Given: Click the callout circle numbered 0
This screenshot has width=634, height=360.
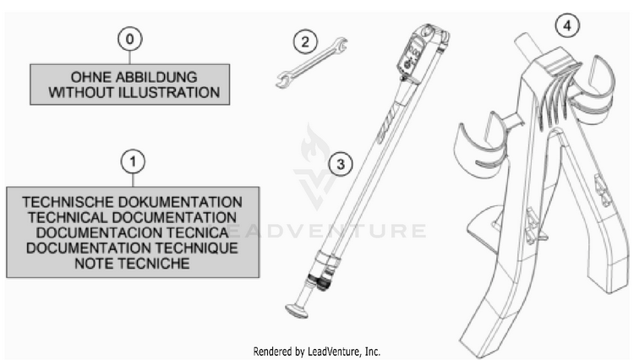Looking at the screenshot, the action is (130, 39).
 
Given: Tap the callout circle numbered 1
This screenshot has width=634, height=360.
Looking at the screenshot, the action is (133, 162).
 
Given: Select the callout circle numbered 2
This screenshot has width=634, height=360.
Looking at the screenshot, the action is (305, 41).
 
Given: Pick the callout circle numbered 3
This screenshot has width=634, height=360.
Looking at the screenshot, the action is (341, 164).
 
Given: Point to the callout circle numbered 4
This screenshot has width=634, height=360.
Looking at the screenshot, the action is (567, 25).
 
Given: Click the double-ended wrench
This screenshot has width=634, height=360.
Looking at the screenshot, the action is (312, 63).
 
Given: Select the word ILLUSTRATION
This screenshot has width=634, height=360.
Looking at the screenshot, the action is (168, 92).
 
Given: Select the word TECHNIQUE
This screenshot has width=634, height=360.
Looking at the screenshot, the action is (197, 248).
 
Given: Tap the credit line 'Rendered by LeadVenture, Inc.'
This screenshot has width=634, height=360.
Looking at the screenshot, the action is (317, 352).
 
